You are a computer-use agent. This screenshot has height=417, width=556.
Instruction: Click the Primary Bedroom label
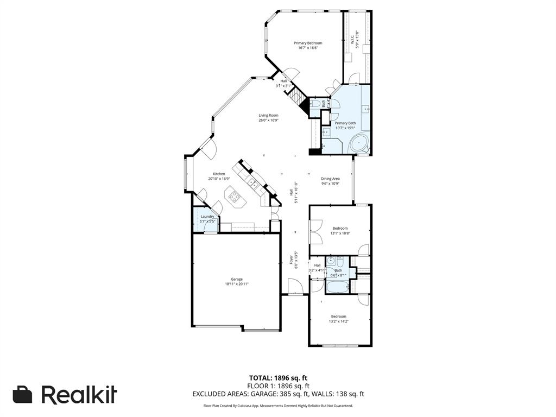[x=308, y=43]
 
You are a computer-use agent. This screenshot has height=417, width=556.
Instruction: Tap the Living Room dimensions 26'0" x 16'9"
[x=268, y=120]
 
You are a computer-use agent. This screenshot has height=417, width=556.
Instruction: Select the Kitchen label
[x=219, y=174]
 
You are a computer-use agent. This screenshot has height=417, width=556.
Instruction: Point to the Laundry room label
[x=207, y=216]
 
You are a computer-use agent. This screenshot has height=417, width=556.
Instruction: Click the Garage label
[x=237, y=279]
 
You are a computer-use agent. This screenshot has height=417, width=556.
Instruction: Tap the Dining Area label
[x=330, y=179]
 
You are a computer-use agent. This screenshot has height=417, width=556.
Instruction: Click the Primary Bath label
[x=345, y=123]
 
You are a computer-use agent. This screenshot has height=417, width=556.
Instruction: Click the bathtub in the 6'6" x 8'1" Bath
[x=338, y=287]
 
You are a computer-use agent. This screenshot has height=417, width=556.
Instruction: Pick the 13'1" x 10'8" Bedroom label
[x=340, y=228]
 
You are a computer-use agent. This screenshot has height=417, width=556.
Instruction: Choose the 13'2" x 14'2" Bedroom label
[x=339, y=316]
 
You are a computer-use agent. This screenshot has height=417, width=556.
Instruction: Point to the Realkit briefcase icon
[x=22, y=395]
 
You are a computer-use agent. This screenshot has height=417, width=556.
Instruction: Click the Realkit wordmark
[x=79, y=395]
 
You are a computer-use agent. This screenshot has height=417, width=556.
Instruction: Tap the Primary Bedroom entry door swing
[x=290, y=74]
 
